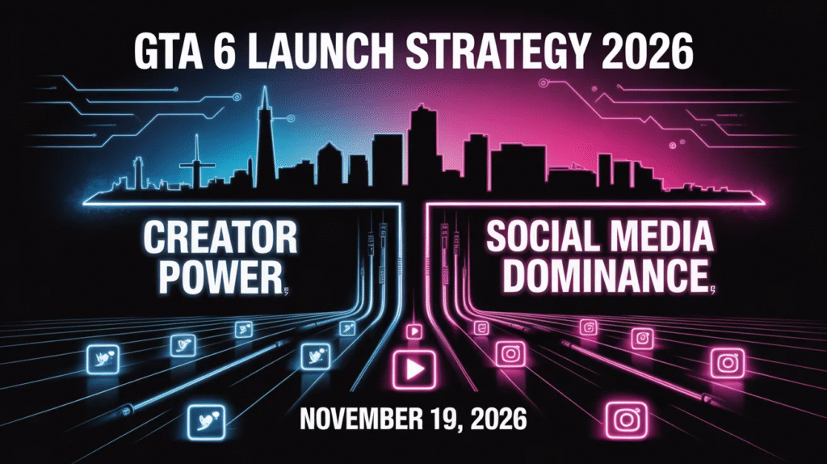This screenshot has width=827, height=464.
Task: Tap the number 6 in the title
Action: (x=225, y=51)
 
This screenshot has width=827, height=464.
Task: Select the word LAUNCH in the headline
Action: (x=321, y=51)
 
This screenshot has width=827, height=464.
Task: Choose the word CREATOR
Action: (x=220, y=238)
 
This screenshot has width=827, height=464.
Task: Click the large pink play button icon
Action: (x=414, y=369)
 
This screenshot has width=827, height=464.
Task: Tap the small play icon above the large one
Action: (x=414, y=331)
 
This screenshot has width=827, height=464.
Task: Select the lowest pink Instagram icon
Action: (x=627, y=420)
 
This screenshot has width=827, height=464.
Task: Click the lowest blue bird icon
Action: (x=206, y=421)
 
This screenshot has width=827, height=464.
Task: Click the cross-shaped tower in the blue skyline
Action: (x=197, y=163)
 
